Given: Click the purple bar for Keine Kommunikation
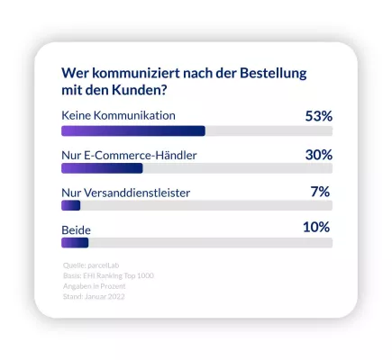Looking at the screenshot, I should point(132,130).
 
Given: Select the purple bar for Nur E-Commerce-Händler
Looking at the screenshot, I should point(101,167).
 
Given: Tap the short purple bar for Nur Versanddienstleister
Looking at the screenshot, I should point(70,205).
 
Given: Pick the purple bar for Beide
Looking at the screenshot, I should point(74,242).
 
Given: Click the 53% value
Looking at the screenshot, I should point(319,116).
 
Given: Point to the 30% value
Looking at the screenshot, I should point(319,154).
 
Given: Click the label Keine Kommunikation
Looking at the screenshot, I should point(117,116).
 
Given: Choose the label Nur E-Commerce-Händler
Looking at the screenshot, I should point(128,155).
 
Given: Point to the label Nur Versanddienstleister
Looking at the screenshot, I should point(125,192).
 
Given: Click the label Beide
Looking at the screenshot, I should point(76,229).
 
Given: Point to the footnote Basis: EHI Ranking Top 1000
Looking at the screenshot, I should point(108,275).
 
